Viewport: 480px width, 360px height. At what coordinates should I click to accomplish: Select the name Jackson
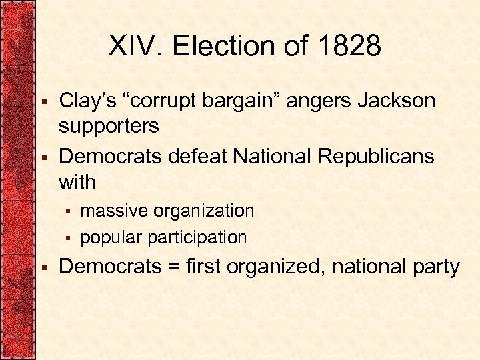tap(398, 101)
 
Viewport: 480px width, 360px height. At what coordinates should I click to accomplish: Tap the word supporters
tap(109, 126)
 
